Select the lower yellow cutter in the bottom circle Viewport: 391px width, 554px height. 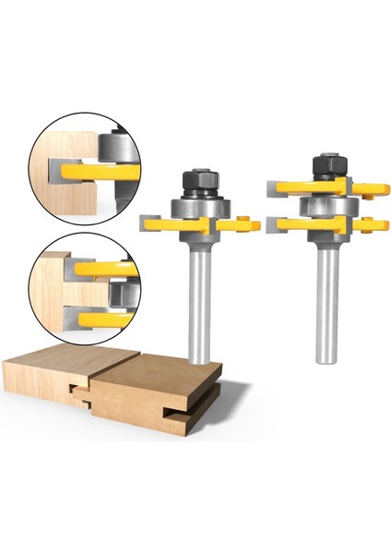click(97, 319)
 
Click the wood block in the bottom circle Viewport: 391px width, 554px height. click(51, 295)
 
